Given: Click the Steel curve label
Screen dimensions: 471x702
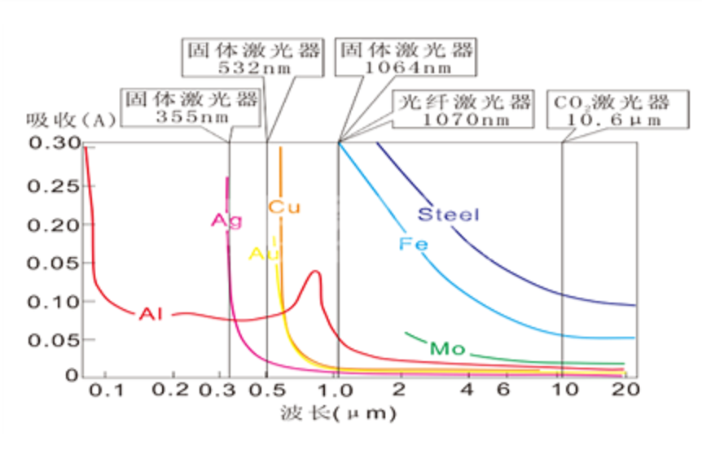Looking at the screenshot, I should (448, 215).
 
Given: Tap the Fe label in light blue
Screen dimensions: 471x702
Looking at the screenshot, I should (413, 244).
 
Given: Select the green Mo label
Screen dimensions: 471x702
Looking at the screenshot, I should (447, 349).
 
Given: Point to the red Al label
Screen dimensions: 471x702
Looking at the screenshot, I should (151, 313).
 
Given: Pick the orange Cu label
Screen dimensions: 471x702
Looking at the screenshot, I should (284, 207).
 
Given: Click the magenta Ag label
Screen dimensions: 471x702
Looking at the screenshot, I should (226, 220).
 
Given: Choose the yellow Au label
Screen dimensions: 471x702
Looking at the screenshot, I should (264, 254).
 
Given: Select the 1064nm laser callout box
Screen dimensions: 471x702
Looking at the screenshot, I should (405, 58).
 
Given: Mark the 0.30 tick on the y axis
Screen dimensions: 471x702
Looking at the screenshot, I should (54, 143).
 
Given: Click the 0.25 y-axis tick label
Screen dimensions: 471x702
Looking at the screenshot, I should (54, 186).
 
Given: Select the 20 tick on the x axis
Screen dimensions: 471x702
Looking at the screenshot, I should (626, 390).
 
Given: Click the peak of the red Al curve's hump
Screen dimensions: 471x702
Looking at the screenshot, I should (315, 272).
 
